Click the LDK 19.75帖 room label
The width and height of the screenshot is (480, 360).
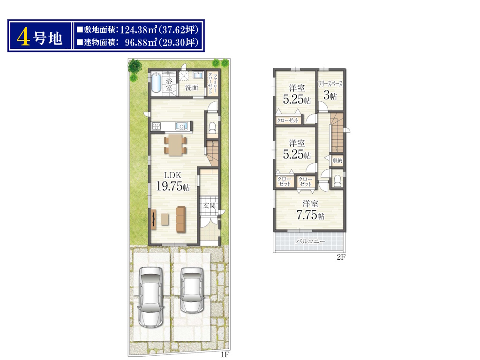coord(173,181)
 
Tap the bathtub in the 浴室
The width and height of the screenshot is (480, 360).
coord(156,82)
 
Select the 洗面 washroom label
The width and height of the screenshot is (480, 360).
coord(192,88)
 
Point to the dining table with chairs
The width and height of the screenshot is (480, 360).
coord(175,144)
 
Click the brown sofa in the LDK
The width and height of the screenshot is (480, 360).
coord(181,219)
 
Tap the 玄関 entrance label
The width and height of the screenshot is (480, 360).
coord(210,205)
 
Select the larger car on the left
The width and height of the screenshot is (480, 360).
coord(150,297)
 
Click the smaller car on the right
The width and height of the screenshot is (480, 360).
coord(192,290)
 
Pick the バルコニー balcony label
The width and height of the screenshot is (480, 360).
coord(310,241)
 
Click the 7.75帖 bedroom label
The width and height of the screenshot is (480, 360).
coord(310,210)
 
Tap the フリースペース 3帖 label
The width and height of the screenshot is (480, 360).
coord(330,90)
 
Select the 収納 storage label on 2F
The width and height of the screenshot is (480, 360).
coord(337,160)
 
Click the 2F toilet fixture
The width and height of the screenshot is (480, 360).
coord(337,180)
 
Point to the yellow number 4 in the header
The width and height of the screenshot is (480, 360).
coord(23,37)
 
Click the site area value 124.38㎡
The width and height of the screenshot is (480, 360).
coord(139,30)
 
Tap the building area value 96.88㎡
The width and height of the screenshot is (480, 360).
coord(141,42)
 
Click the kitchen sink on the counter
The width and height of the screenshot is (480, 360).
coord(181,126)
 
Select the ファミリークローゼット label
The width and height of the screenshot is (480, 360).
coord(212,83)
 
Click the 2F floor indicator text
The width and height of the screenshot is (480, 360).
coord(341,257)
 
